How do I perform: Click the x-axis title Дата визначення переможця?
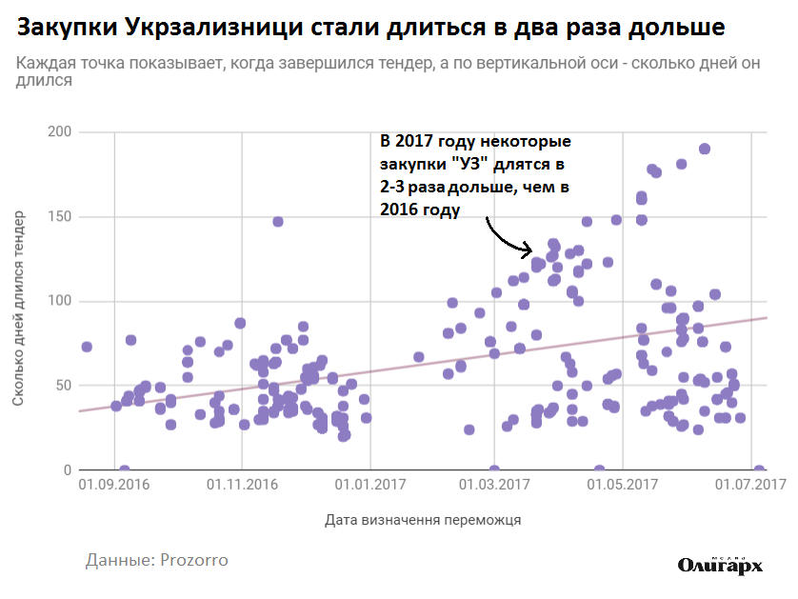(423, 521)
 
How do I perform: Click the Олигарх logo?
(721, 565)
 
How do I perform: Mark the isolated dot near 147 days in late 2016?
(278, 222)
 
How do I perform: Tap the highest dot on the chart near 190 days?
(705, 149)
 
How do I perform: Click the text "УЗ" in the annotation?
(467, 165)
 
